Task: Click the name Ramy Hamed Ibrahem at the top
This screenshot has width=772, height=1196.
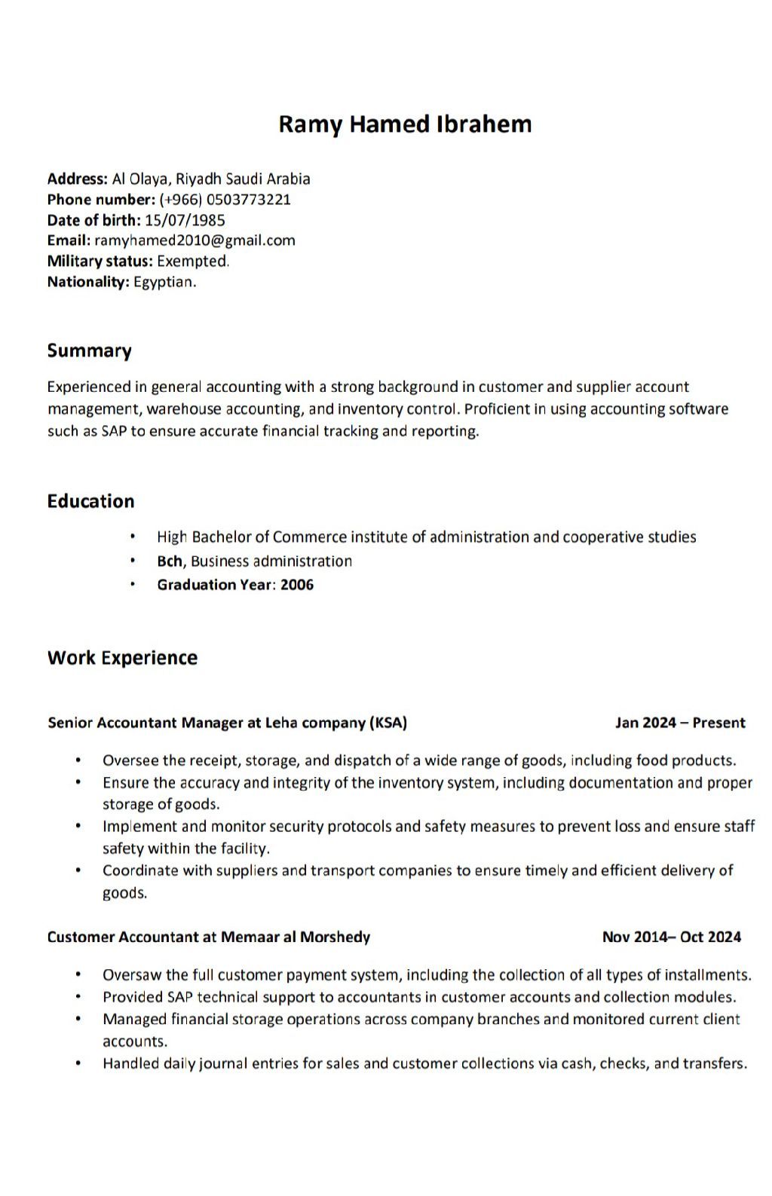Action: tap(405, 124)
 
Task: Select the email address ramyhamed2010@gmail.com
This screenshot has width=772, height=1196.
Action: tap(195, 240)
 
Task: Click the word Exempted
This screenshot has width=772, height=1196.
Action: tap(192, 261)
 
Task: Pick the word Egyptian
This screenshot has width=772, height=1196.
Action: tap(164, 282)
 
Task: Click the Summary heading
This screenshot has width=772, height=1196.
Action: tap(89, 350)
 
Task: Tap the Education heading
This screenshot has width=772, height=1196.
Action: tap(90, 501)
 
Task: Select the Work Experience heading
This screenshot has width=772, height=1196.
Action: tap(122, 658)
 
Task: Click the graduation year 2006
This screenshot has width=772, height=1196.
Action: tap(297, 585)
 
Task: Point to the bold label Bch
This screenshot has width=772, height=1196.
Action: tap(170, 561)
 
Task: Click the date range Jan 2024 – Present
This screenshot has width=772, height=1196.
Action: tap(680, 723)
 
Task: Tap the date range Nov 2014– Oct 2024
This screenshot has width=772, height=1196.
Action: tap(671, 937)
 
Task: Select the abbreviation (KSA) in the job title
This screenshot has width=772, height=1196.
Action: tap(388, 723)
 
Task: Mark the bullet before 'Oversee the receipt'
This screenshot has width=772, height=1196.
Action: tap(78, 760)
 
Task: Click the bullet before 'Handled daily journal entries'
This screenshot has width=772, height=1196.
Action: tap(78, 1063)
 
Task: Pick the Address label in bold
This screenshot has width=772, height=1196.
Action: tap(77, 179)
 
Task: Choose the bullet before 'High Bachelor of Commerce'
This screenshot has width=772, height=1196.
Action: tap(133, 537)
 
